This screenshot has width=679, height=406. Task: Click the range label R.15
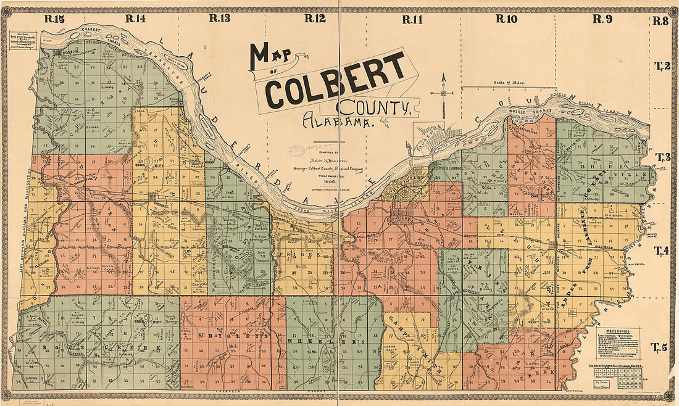[x=54, y=19]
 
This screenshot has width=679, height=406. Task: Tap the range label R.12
[x=315, y=19]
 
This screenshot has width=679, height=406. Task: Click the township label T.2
[x=662, y=65]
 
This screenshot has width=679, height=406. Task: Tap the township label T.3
[x=663, y=157]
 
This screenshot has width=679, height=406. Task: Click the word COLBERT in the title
[x=336, y=79]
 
